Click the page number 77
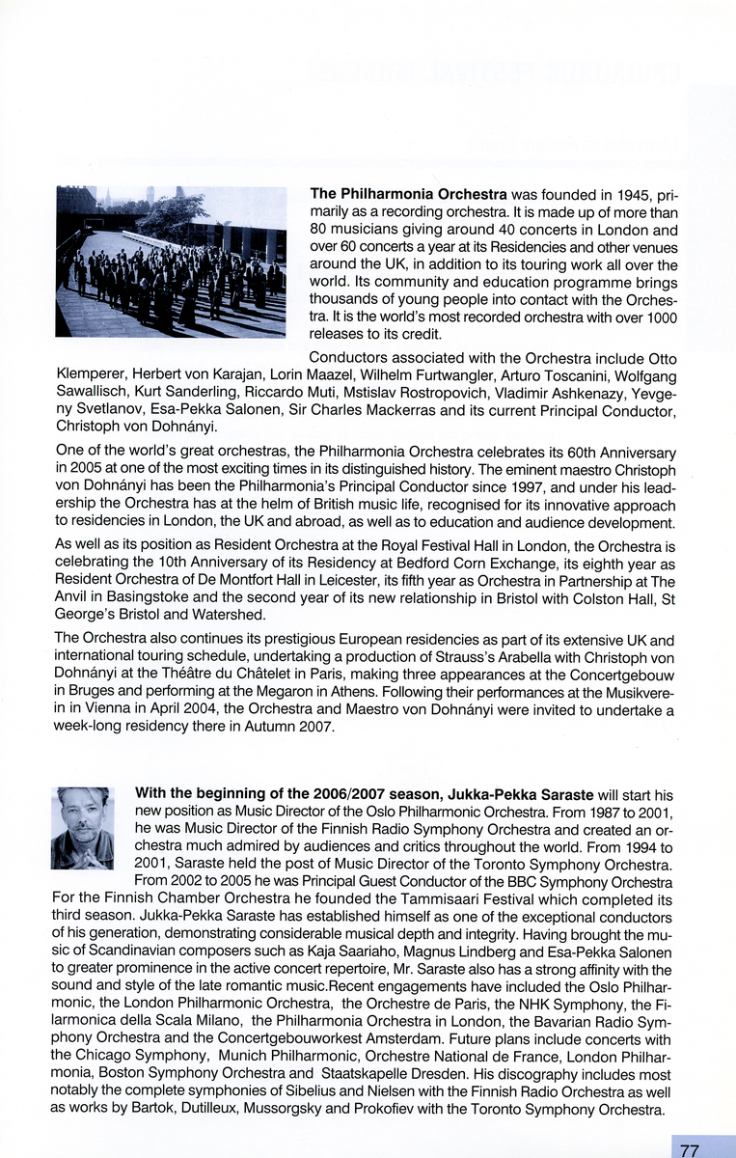tap(689, 1149)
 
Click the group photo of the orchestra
tap(171, 262)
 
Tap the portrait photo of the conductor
tap(82, 828)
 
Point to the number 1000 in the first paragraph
tap(660, 317)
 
